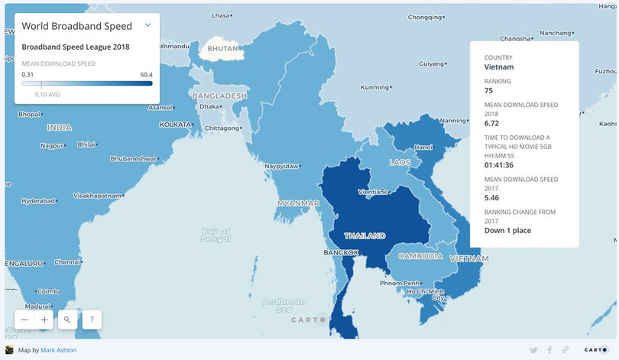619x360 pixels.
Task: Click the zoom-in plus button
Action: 45,319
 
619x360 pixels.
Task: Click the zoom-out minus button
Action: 25,319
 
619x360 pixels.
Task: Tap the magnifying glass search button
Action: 67,319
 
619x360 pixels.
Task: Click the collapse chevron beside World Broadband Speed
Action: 147,25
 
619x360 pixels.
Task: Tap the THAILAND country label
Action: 365,235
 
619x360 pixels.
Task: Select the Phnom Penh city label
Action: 400,284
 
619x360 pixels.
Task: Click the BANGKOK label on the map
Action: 341,252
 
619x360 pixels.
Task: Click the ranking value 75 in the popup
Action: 489,90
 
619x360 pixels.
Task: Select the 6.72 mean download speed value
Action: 492,122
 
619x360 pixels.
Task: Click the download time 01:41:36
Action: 500,164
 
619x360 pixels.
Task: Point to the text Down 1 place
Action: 507,230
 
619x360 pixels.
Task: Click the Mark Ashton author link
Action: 58,350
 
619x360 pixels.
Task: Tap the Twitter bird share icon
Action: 534,350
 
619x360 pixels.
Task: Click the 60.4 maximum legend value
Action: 146,74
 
